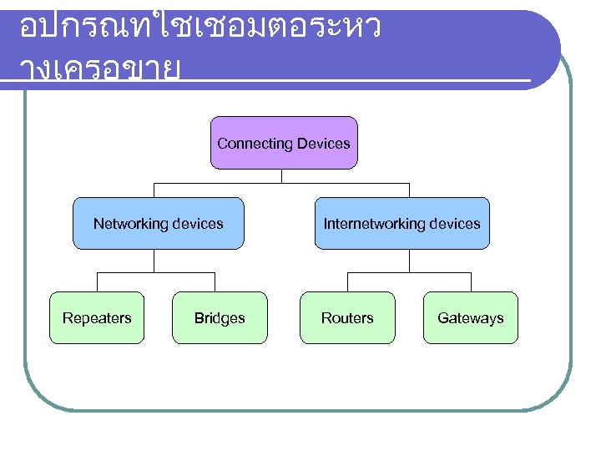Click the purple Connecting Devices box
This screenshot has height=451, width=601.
284,143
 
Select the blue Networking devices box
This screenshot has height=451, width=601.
159,223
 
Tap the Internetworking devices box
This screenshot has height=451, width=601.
402,223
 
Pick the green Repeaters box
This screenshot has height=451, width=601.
97,317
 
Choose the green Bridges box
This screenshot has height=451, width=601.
220,317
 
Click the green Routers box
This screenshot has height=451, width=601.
347,317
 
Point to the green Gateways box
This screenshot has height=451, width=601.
470,317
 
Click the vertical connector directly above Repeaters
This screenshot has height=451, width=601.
97,281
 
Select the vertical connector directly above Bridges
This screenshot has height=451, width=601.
215,281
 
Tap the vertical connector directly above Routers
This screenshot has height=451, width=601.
347,281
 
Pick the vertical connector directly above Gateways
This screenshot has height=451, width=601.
470,281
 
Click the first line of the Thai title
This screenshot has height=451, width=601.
200,29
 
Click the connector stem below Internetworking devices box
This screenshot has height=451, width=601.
409,261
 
